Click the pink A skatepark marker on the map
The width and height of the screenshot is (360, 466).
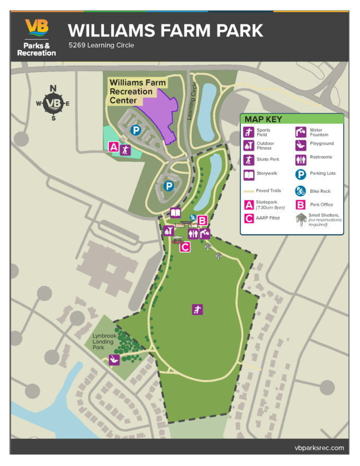114,147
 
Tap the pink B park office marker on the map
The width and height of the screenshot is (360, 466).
202,220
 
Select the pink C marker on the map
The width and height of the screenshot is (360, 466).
185,247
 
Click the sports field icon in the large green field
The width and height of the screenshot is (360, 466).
197,309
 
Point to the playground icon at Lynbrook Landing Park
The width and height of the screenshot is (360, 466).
114,360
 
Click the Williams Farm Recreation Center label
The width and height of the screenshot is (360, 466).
138,91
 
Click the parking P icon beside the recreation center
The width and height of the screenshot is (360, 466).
135,130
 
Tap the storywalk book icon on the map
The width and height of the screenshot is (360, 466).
175,213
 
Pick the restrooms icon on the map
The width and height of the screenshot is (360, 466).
193,234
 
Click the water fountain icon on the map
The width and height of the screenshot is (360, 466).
205,234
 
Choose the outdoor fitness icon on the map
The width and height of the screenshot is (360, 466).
168,231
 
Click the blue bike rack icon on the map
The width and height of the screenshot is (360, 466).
193,218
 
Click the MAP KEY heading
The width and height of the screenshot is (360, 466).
263,119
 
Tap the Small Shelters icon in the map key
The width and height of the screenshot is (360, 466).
301,219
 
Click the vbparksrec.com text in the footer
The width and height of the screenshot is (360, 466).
319,448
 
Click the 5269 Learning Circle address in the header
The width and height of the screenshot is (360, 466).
101,45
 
